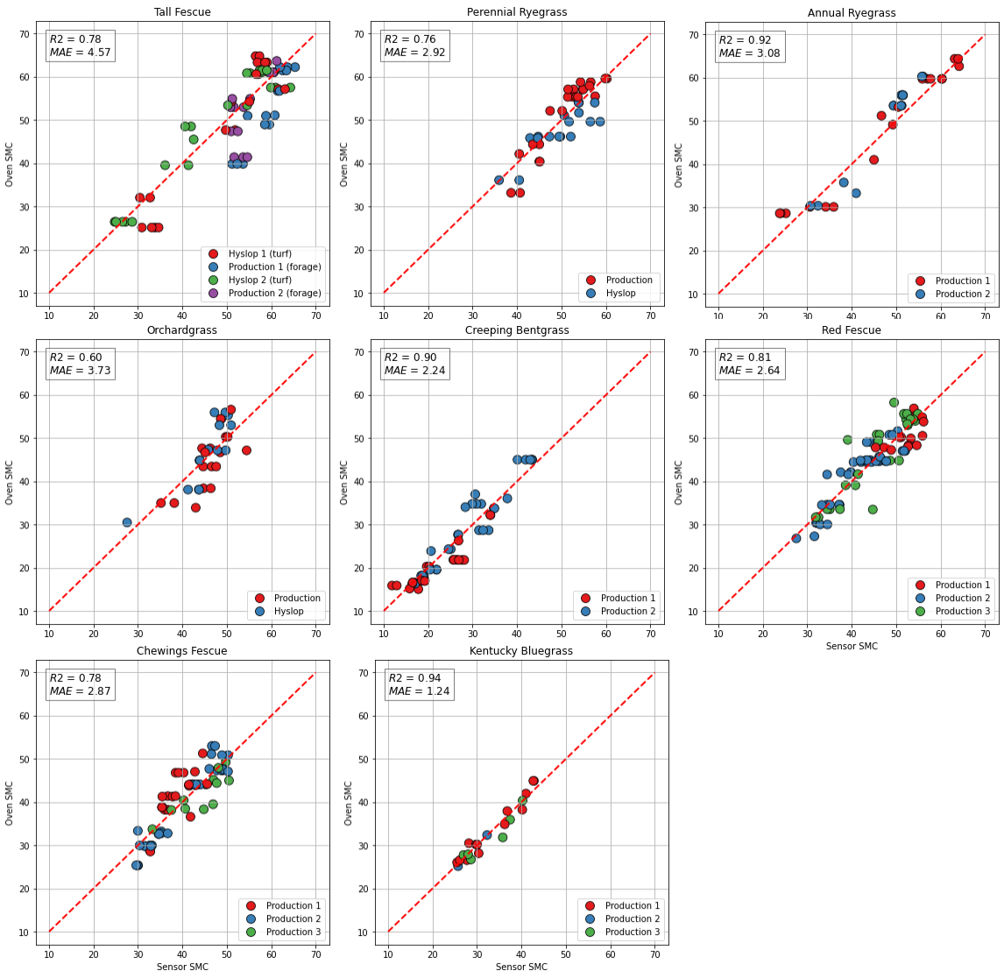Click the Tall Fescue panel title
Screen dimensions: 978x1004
click(182, 12)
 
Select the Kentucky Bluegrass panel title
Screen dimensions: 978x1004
click(520, 651)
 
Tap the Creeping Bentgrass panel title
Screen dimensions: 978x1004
click(517, 330)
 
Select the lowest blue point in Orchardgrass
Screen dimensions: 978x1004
click(127, 522)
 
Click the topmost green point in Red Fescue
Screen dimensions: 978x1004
click(894, 402)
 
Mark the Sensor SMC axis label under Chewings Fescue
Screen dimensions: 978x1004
click(182, 967)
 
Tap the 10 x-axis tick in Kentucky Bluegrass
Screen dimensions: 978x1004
click(388, 953)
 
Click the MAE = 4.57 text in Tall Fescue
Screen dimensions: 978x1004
click(80, 53)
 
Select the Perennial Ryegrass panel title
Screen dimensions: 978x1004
click(517, 12)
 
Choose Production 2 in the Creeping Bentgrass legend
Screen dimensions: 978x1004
click(628, 612)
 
